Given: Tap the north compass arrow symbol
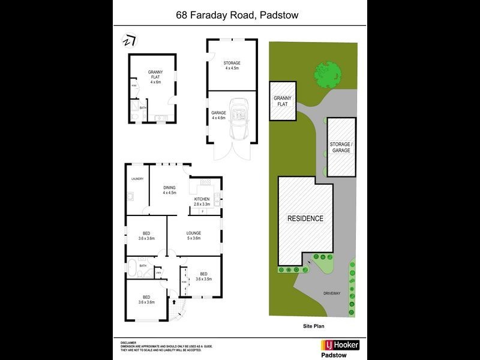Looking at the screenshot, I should point(129,41).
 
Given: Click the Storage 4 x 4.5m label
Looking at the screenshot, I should point(232,65).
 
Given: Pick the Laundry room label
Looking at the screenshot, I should point(137,179).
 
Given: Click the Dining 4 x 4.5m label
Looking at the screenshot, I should point(169,190).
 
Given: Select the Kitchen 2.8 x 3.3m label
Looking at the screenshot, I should point(202,202).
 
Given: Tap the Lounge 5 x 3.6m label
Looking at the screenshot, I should point(193,235).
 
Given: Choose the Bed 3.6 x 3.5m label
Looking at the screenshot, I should point(203,276).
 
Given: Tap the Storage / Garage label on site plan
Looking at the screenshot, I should point(341,147).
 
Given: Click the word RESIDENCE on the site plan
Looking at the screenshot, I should point(305,219).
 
